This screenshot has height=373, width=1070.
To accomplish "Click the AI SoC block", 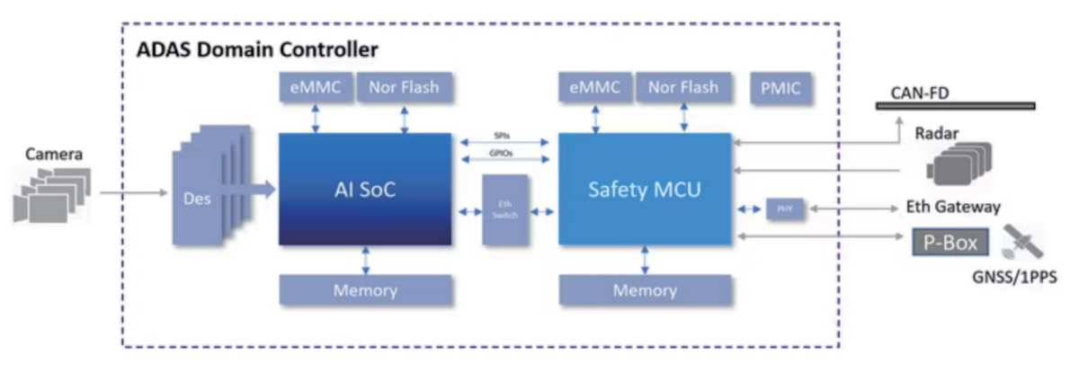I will click(x=364, y=189).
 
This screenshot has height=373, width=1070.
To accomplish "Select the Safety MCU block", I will click(x=645, y=189).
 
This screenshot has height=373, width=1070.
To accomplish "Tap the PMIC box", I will click(x=780, y=89).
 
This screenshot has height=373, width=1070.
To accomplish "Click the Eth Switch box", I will click(x=504, y=210).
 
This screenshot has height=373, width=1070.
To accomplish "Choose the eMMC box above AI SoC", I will click(x=315, y=88).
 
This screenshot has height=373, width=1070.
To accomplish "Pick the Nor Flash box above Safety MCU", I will click(x=683, y=88).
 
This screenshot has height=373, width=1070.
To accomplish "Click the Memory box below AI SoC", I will click(x=365, y=290).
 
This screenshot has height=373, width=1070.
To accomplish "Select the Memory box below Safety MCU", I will click(x=645, y=290).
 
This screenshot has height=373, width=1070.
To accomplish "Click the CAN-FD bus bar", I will click(x=955, y=106).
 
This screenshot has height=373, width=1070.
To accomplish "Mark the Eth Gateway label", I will click(x=952, y=207).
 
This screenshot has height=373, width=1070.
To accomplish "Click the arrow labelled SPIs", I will click(x=504, y=142).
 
